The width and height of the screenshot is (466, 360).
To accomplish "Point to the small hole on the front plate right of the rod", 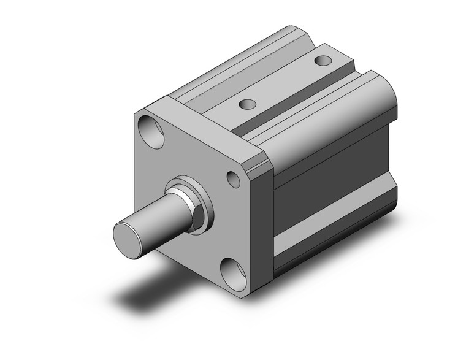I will tap(234, 179).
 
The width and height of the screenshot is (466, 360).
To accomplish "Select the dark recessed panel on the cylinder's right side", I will tap(331, 202).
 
